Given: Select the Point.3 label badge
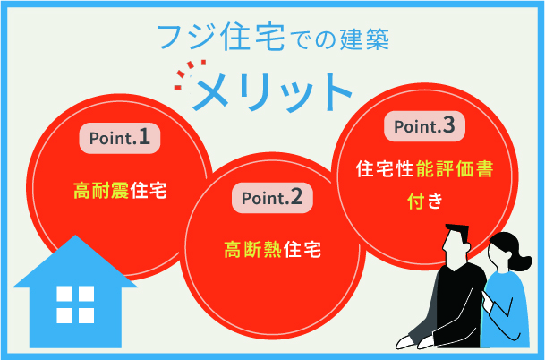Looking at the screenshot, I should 425,126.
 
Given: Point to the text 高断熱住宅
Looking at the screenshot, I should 271,248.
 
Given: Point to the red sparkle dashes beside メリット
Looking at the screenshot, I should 187,75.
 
